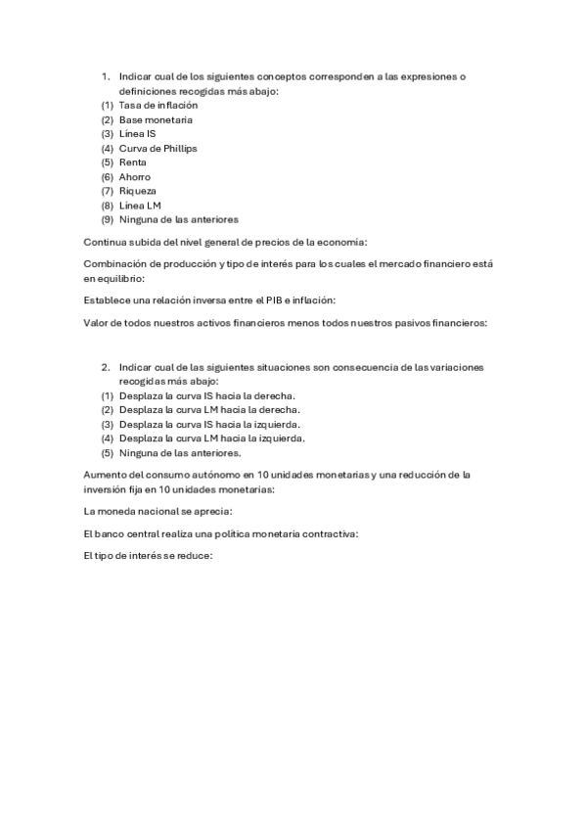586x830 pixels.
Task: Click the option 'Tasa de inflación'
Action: [x=158, y=105]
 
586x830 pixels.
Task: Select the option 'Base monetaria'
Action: [x=156, y=119]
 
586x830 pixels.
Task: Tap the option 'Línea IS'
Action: [x=137, y=133]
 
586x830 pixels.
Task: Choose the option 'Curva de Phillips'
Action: [x=158, y=148]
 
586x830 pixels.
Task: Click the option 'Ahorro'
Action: [x=135, y=177]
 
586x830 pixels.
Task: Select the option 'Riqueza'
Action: [x=138, y=191]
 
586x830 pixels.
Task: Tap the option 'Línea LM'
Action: [x=140, y=206]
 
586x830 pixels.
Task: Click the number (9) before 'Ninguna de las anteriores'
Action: [x=107, y=220]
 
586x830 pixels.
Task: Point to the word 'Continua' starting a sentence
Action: [x=104, y=241]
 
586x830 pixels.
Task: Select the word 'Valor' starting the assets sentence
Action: [x=96, y=323]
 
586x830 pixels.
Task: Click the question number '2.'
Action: [x=105, y=367]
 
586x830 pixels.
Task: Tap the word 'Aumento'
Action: [x=105, y=475]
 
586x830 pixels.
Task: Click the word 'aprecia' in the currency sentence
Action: [x=214, y=511]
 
